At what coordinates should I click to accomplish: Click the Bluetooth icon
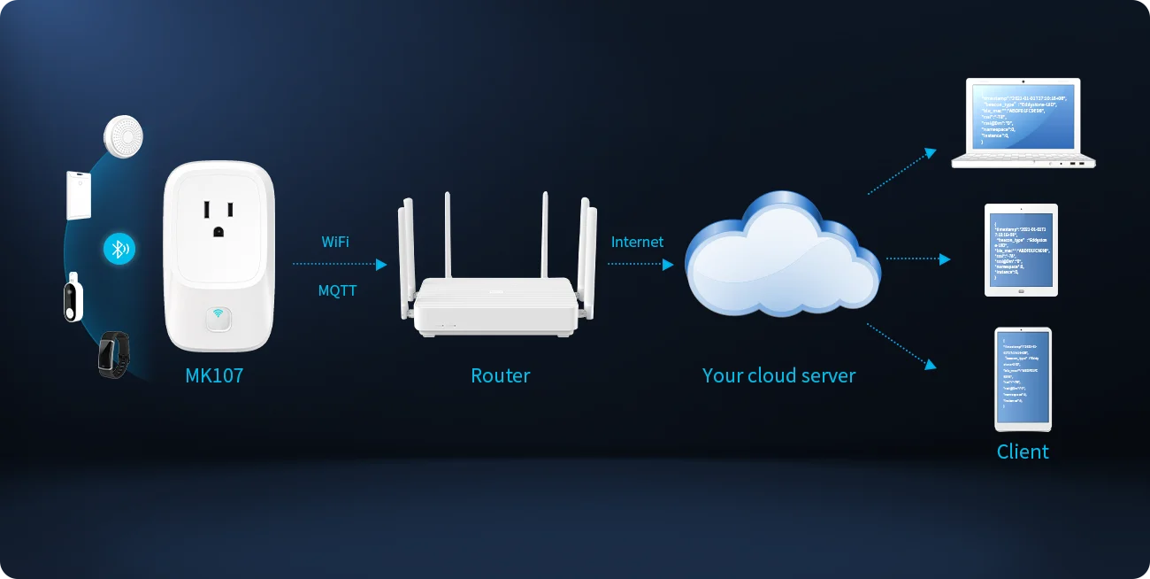[x=119, y=249]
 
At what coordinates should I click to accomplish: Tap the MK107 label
[x=214, y=375]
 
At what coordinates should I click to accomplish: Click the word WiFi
[x=335, y=241]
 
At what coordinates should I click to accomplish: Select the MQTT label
[x=337, y=289]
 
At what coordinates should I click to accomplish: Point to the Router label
[x=500, y=375]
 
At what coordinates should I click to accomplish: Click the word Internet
[x=637, y=242]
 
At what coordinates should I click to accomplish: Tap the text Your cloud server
[x=778, y=375]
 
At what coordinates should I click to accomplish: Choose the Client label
[x=1023, y=452]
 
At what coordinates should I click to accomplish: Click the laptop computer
[x=1023, y=123]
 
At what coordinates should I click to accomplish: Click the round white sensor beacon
[x=123, y=135]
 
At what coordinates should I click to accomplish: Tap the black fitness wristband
[x=113, y=352]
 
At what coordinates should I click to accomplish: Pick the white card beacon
[x=78, y=194]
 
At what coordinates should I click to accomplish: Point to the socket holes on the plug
[x=218, y=218]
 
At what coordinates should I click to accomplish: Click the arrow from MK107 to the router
[x=340, y=264]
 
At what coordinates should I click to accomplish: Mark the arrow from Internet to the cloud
[x=640, y=264]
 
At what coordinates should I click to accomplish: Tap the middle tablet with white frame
[x=1021, y=251]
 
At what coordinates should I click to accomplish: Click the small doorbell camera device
[x=74, y=297]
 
